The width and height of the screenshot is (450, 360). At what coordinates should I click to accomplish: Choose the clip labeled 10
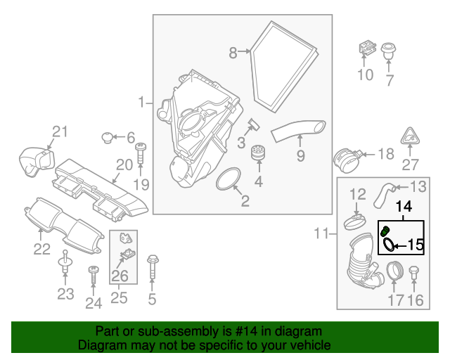coord(365,48)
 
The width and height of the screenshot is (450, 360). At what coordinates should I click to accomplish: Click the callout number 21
coord(60,131)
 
